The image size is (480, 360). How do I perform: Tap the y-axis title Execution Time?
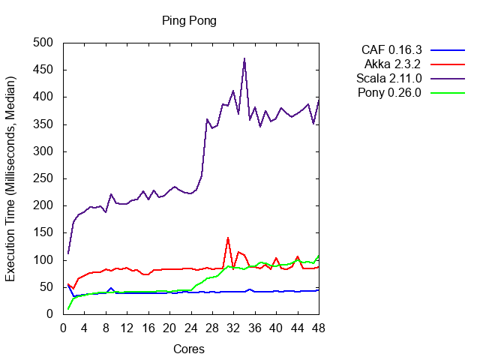[11, 178]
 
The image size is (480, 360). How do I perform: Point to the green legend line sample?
[448, 93]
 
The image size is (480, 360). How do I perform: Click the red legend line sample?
[448, 64]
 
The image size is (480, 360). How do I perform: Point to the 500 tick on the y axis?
[47, 43]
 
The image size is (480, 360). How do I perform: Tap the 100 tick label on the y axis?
[47, 260]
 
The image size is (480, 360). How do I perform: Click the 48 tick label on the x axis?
[318, 327]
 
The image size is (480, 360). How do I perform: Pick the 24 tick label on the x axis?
[190, 327]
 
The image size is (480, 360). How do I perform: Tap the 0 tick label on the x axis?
[63, 327]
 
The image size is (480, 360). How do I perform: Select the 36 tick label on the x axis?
[254, 327]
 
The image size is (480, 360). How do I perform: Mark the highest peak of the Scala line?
[244, 58]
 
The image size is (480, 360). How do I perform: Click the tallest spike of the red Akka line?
[228, 238]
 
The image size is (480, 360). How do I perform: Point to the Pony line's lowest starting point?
[68, 309]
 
